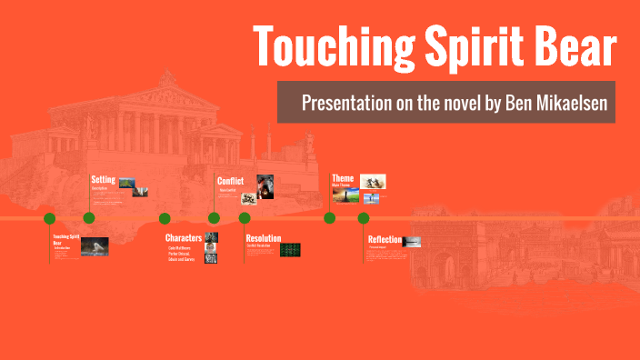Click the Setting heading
103,179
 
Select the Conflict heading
230,180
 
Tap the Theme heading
343,178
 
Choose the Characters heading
184,238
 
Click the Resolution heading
264,238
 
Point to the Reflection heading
385,239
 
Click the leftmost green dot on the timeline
50,218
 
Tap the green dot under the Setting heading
89,218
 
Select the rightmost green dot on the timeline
364,218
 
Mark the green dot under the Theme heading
330,218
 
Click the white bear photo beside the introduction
95,245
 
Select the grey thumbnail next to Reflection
412,241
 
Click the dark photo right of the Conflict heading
265,184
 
